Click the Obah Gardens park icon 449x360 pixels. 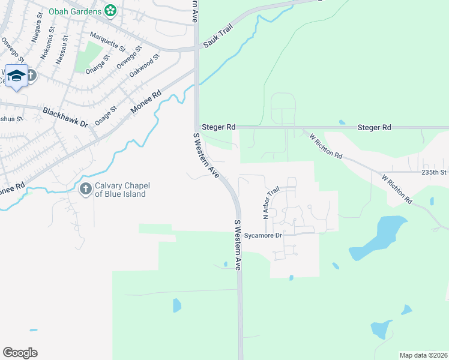coord(110,10)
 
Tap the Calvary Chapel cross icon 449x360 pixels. coord(85,190)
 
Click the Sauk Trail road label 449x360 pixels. coord(217,38)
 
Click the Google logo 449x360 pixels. coord(20,353)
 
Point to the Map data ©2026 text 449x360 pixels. coord(423,355)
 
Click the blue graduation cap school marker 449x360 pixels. coord(17,76)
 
